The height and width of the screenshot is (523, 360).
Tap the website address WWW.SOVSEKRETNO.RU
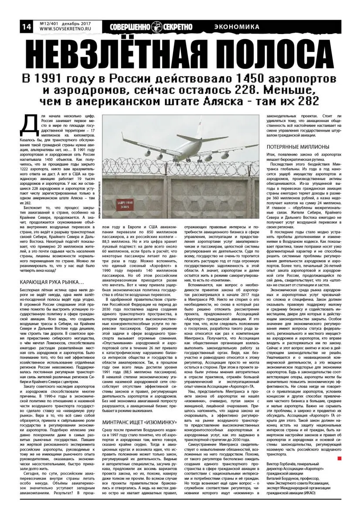coord(65,30)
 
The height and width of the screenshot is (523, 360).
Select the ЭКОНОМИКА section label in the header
coord(237,27)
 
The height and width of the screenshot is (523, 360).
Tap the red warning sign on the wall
coord(124,194)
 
